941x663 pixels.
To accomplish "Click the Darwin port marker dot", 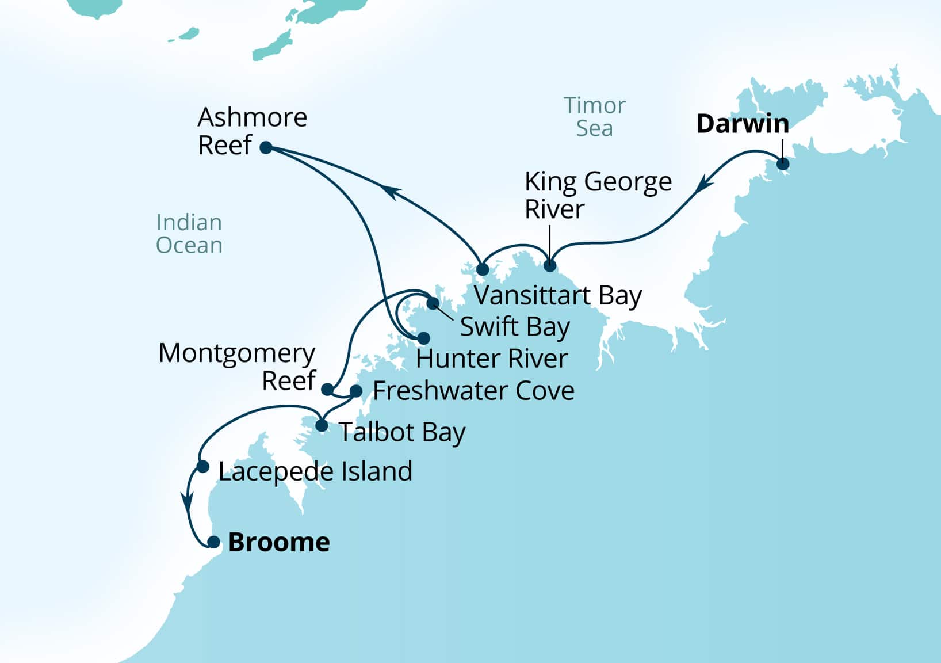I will [783, 164].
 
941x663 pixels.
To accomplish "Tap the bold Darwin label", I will [742, 124].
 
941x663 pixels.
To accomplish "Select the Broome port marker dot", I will [213, 542].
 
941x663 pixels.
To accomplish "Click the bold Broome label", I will [279, 542].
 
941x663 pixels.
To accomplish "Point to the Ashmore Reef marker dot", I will [266, 147].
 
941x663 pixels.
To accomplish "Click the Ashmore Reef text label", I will [252, 131].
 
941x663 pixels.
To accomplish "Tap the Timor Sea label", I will [594, 117].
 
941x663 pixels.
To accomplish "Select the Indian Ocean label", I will [189, 234].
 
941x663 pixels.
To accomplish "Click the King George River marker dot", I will [550, 266].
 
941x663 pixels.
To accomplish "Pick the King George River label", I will [598, 195].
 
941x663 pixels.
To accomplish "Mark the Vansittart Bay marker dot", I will [483, 269].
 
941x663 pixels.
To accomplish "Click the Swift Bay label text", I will [515, 327].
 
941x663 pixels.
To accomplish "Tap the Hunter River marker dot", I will [423, 338].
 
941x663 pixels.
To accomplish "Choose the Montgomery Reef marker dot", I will [327, 390].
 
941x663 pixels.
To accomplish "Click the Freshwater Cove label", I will [473, 391].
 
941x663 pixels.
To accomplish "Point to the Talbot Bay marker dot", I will [322, 426].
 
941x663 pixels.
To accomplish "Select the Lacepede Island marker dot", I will [203, 466].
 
